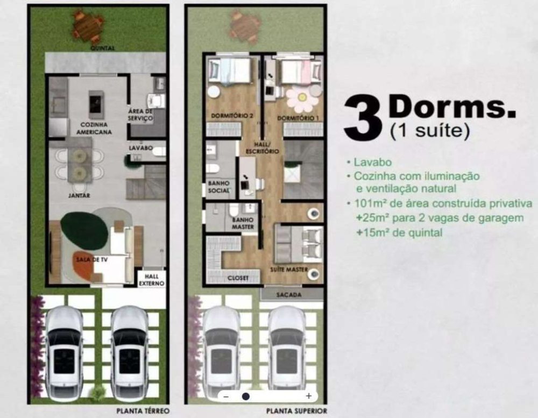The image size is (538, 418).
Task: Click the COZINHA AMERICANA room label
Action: pos(94,128)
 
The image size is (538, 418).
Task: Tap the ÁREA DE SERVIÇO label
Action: pos(140,115)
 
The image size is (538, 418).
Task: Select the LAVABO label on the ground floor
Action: pos(140,148)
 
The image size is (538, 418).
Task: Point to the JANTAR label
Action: pos(79,195)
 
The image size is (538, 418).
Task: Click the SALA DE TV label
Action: pos(91,259)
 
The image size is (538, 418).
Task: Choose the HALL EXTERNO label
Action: pos(151,280)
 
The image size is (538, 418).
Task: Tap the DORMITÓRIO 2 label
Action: pos(232,116)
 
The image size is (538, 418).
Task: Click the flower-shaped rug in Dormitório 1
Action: pos(301,98)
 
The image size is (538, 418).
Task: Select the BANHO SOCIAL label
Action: pos(218,187)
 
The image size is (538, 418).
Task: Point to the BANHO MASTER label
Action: pos(243,223)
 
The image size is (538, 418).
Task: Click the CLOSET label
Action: pos(238,278)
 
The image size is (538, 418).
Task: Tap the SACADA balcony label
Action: pos(289,294)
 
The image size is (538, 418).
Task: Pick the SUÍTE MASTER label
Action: pos(289,270)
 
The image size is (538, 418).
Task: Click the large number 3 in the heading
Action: pos(363,117)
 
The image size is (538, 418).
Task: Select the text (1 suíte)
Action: pos(429,131)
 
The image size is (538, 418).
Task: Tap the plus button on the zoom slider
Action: pos(308,396)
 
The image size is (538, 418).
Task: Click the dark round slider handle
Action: pos(246,396)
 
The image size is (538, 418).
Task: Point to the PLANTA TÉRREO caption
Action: pos(143,410)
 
